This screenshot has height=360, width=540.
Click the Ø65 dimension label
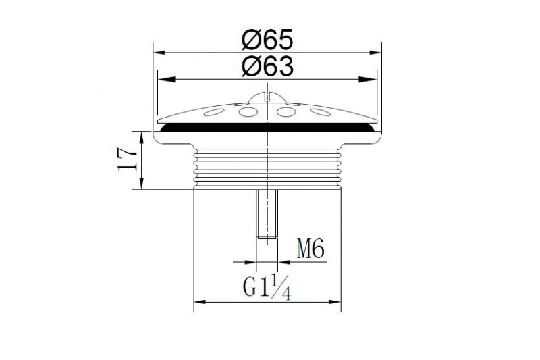click(x=267, y=39)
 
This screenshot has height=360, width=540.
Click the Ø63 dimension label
click(x=267, y=66)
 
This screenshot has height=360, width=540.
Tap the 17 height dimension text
click(x=126, y=159)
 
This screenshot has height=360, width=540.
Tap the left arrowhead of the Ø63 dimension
click(x=166, y=80)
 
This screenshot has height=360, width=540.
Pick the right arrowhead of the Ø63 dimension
click(x=367, y=80)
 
